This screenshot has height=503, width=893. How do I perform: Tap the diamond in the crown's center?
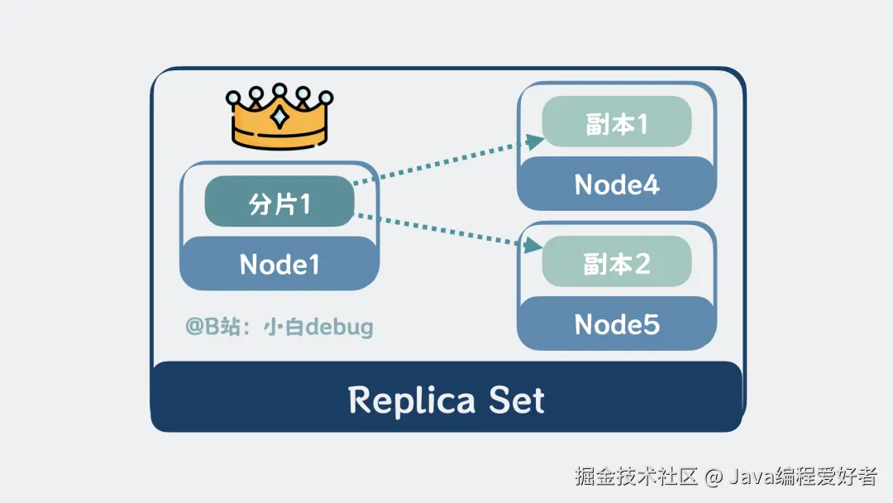tap(280, 117)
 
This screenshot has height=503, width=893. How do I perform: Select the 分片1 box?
tap(279, 203)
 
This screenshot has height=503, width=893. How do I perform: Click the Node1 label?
tap(279, 264)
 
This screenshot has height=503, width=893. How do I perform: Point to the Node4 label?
tap(617, 184)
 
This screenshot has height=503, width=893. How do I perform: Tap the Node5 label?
tap(617, 324)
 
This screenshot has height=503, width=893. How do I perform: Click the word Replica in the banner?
tap(412, 401)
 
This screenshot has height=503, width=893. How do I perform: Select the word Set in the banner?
tap(516, 401)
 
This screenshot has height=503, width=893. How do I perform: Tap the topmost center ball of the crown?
tap(280, 89)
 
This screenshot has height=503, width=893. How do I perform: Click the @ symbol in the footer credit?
tap(715, 477)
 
